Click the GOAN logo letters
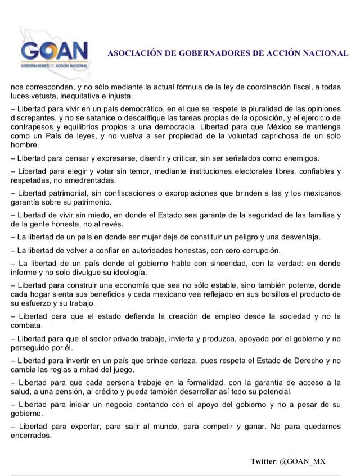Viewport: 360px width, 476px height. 55,53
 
